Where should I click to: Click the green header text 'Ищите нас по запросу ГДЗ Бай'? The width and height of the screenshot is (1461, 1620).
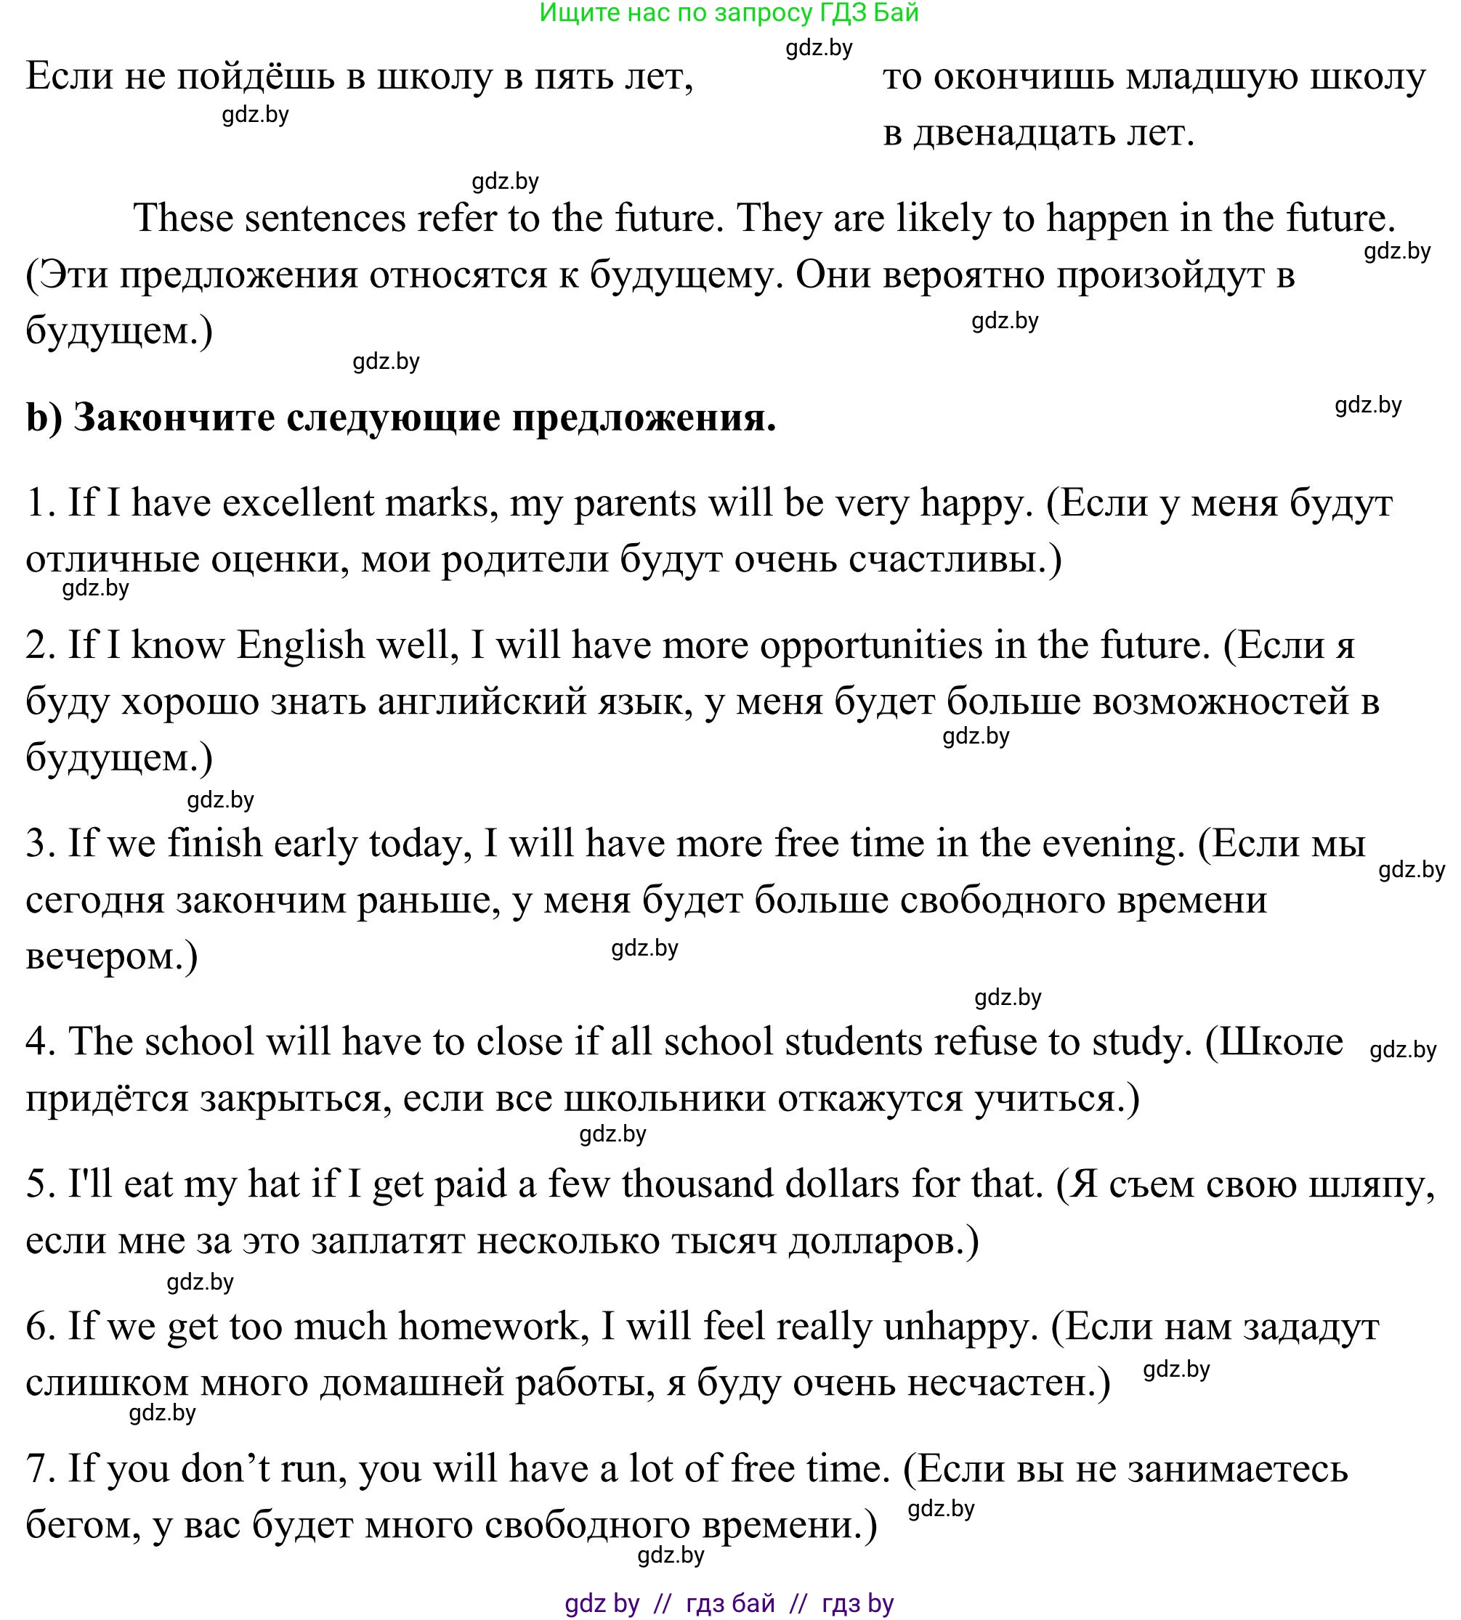click(729, 13)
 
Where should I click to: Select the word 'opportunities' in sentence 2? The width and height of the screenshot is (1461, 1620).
click(871, 645)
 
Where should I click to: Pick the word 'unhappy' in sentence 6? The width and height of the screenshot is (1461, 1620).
click(955, 1327)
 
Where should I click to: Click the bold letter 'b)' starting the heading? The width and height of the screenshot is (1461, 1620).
click(44, 418)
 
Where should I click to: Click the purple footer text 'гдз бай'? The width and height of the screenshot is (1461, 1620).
click(731, 1603)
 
